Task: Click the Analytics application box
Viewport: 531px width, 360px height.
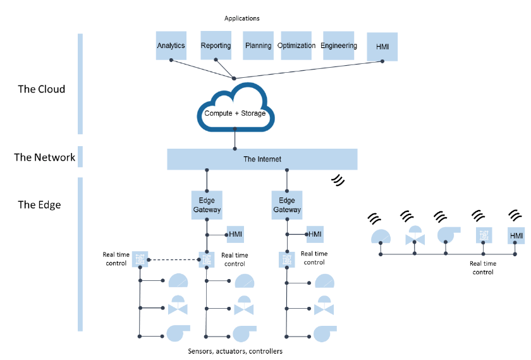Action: pyautogui.click(x=171, y=46)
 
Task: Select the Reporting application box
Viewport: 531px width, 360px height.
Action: pyautogui.click(x=216, y=46)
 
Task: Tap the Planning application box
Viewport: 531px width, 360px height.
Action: pyautogui.click(x=258, y=46)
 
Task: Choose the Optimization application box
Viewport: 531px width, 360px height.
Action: pyautogui.click(x=296, y=46)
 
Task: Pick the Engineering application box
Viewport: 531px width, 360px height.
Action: pyautogui.click(x=339, y=46)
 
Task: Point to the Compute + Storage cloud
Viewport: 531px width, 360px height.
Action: pyautogui.click(x=235, y=113)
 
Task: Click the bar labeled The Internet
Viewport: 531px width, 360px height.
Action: pyautogui.click(x=262, y=159)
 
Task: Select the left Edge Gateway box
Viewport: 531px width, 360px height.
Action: pyautogui.click(x=207, y=205)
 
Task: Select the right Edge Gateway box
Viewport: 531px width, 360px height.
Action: pyautogui.click(x=286, y=205)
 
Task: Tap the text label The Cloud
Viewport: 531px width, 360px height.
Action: pyautogui.click(x=42, y=89)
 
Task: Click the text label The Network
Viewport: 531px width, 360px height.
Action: pyautogui.click(x=45, y=158)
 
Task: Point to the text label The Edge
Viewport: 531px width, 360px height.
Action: pyautogui.click(x=39, y=204)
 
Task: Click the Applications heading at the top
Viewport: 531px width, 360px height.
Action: pyautogui.click(x=241, y=18)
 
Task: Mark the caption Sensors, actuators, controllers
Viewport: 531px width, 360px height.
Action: pyautogui.click(x=235, y=351)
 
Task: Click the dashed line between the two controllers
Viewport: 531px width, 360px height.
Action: pyautogui.click(x=172, y=259)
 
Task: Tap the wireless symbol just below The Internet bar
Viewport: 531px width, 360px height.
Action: pyautogui.click(x=339, y=180)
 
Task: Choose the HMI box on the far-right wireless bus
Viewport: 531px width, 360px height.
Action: pyautogui.click(x=516, y=236)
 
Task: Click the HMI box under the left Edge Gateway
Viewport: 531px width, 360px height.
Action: pyautogui.click(x=235, y=234)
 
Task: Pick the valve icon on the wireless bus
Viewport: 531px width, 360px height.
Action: pyautogui.click(x=415, y=236)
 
